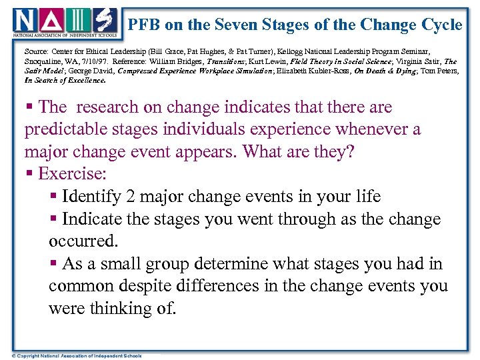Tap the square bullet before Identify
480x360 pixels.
53,197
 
